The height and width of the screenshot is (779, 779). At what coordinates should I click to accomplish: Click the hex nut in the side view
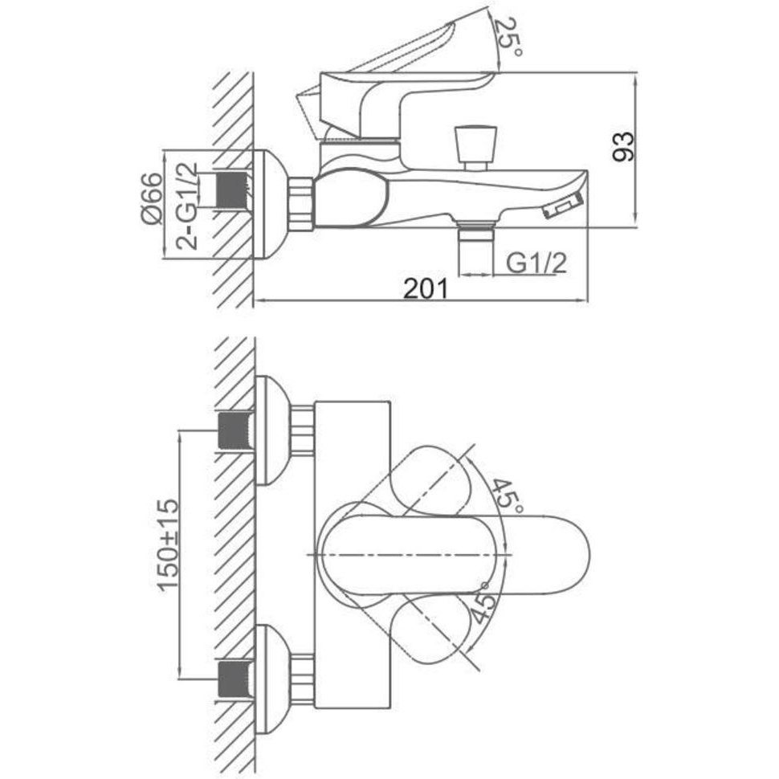coord(300,202)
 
